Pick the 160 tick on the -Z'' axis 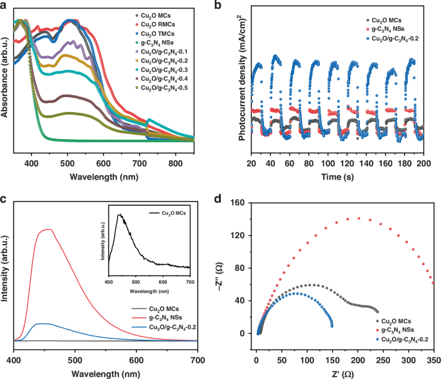click(243, 203)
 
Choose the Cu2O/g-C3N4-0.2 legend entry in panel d click(404, 338)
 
